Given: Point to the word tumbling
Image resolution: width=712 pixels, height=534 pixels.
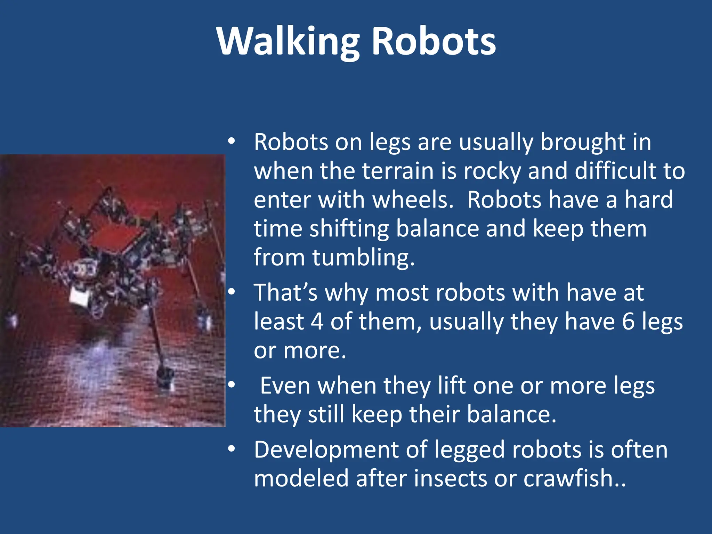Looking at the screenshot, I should coord(363,258).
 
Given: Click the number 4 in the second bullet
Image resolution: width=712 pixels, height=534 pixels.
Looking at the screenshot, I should coord(317,321).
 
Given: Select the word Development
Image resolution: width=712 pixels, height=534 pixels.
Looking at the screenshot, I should coord(326,450).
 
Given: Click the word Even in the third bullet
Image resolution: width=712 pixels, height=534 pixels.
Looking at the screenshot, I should coord(283,386).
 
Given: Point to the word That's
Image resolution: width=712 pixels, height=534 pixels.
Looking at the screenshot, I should coord(285,292).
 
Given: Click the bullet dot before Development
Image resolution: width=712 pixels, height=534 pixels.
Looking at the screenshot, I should coord(232,448).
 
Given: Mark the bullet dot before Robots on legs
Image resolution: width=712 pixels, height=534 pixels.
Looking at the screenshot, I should coord(232,141).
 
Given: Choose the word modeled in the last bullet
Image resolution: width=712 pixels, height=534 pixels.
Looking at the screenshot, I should coord(301,478).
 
